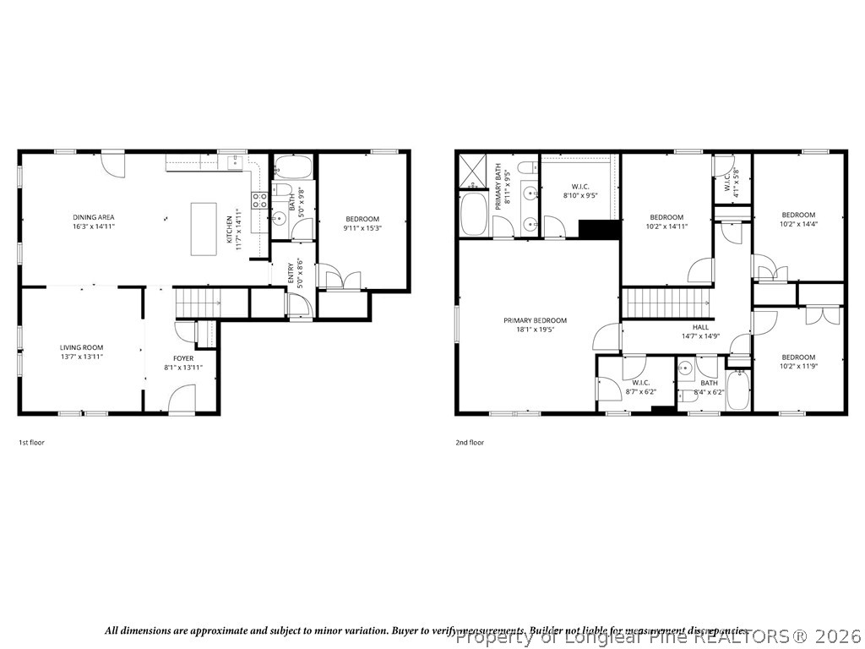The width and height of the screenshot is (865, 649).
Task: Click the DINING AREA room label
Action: tap(94, 217)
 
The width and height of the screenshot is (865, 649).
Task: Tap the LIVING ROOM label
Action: tap(81, 347)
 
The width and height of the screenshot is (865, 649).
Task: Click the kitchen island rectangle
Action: tap(204, 227)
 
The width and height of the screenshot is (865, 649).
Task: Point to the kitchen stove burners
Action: tap(259, 200)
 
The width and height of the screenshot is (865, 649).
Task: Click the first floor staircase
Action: tap(196, 299)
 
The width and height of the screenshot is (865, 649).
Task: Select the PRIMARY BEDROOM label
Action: tap(535, 320)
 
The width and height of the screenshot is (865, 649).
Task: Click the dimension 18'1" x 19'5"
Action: tap(535, 330)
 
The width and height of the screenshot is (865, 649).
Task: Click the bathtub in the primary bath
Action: tap(474, 215)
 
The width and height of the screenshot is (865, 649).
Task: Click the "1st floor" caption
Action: tap(31, 442)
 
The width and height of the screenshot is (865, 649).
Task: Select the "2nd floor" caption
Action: tap(471, 442)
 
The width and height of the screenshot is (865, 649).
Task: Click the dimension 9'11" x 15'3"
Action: tap(362, 228)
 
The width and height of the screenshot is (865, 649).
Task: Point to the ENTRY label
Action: tap(291, 274)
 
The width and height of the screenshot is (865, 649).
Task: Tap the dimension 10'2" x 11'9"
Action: tap(798, 367)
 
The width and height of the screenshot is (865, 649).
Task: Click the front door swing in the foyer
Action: tap(182, 399)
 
